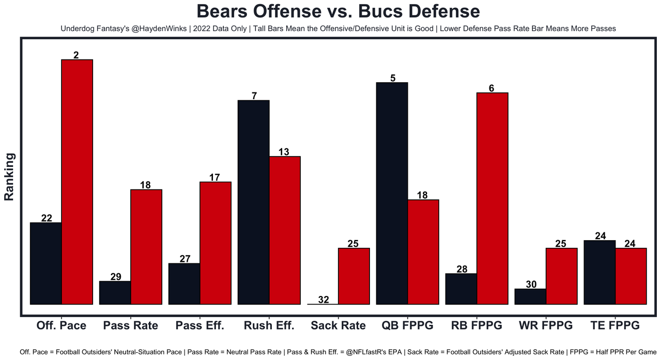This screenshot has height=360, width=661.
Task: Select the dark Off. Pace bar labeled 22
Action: [46, 263]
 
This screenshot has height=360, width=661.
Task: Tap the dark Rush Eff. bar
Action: [253, 202]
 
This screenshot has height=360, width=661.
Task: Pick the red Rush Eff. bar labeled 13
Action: [285, 230]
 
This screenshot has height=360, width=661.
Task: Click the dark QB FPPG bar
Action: [392, 193]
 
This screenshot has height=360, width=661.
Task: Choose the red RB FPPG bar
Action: [492, 198]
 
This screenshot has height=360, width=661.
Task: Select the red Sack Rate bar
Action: [354, 276]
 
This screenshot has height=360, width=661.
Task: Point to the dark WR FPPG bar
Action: [530, 296]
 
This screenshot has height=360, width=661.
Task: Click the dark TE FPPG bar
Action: [599, 272]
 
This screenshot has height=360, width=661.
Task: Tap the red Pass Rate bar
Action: [146, 247]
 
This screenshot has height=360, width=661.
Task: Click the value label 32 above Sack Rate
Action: [324, 300]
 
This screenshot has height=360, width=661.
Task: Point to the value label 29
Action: [116, 276]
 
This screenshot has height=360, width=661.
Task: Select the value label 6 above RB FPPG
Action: [491, 88]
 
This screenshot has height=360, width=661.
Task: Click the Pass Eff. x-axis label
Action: [199, 325]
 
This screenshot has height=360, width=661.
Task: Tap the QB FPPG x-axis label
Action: [407, 325]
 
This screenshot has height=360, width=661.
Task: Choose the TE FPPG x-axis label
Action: [615, 325]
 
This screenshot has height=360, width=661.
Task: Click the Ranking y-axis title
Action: [9, 177]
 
